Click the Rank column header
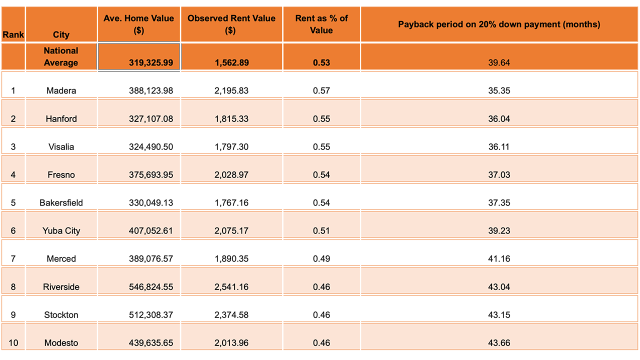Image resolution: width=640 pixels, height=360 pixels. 13,34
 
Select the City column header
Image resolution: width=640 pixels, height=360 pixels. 61,34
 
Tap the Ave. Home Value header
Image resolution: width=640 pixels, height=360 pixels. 139,24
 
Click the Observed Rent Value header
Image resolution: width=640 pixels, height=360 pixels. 231,24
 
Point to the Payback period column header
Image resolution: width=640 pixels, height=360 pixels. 499,24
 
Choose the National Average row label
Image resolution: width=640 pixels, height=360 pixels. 61,56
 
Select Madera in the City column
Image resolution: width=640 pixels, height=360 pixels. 61,90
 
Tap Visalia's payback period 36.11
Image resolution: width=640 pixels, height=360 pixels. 499,146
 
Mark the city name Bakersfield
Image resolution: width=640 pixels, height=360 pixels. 61,202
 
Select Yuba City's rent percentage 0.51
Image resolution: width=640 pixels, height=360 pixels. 321,230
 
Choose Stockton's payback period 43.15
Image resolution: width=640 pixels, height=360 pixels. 499,314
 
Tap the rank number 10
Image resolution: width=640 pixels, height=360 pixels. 13,342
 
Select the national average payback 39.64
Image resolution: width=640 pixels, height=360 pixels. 499,63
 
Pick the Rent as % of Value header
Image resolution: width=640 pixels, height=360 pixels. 321,24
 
